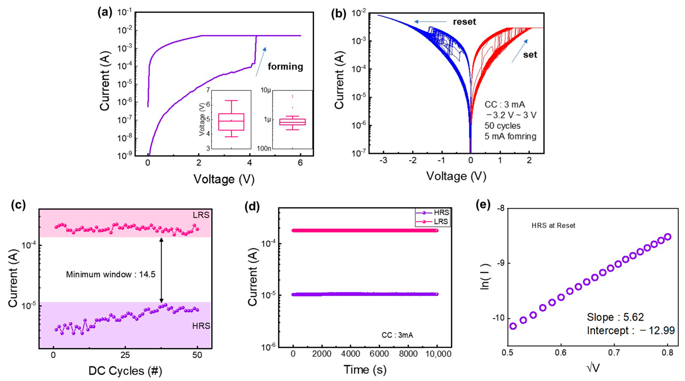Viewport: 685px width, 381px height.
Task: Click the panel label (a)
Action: coord(105,13)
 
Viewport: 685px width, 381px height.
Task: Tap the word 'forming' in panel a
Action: coord(285,66)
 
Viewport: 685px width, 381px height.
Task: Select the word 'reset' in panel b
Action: coord(464,22)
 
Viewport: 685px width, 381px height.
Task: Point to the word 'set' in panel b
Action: coord(530,55)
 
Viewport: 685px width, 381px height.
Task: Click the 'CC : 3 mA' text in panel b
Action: coord(504,105)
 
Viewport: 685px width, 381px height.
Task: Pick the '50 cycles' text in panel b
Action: coord(502,126)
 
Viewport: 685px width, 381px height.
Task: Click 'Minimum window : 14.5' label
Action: coord(111,274)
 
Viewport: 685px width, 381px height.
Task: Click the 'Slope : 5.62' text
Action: coord(615,317)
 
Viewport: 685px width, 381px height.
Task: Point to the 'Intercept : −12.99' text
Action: coord(630,331)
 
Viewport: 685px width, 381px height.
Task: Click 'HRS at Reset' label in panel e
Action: coord(553,225)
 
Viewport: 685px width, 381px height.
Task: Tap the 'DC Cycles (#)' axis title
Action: coord(125,371)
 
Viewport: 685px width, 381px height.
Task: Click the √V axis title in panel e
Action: coord(593,368)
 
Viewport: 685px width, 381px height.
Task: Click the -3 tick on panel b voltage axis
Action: coord(383,161)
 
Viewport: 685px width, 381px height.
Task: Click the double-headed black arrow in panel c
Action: coord(161,270)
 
